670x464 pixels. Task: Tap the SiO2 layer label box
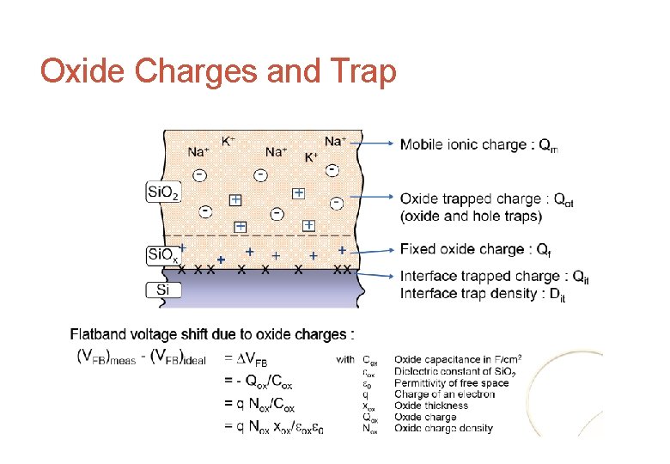tap(163, 192)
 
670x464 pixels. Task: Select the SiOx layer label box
tap(163, 254)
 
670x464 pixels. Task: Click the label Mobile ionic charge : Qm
tap(478, 145)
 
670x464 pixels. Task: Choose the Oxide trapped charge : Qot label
tap(487, 199)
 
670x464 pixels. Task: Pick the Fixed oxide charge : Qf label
tap(475, 250)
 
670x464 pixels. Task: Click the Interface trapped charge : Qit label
tap(495, 277)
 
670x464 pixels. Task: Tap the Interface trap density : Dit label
tap(483, 294)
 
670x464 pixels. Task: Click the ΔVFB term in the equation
tap(251, 361)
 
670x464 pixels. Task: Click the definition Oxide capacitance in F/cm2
tap(458, 359)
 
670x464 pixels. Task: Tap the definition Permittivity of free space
tap(451, 382)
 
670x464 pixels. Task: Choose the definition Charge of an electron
tap(444, 394)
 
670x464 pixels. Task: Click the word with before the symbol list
tap(344, 360)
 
